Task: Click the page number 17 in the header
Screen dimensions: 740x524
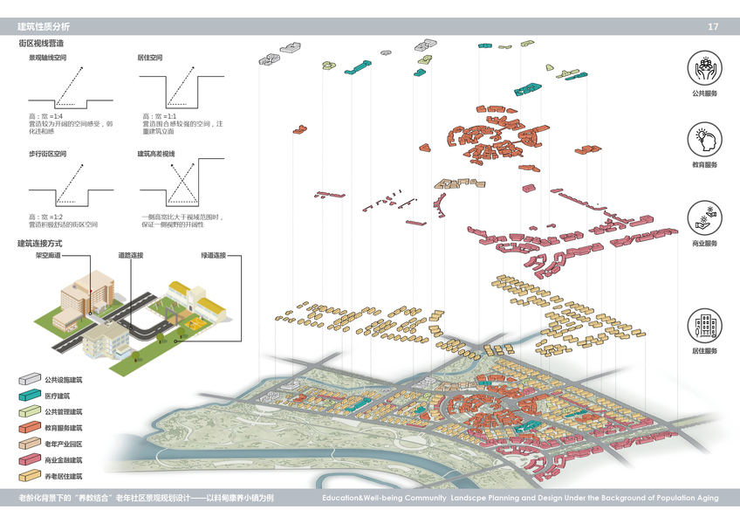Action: coord(713,27)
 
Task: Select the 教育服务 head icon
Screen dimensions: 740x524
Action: coord(704,140)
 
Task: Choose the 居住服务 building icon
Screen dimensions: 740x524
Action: coord(704,324)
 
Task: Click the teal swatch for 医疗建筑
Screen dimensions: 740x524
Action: coord(29,396)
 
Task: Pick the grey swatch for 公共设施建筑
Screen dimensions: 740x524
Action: coord(29,380)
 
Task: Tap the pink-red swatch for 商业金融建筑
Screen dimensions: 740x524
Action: coord(29,459)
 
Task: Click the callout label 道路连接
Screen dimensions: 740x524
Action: coord(131,256)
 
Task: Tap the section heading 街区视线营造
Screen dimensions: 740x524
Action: coord(41,42)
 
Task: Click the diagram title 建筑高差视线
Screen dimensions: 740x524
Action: coord(156,154)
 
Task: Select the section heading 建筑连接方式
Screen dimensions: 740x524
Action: coord(41,243)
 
